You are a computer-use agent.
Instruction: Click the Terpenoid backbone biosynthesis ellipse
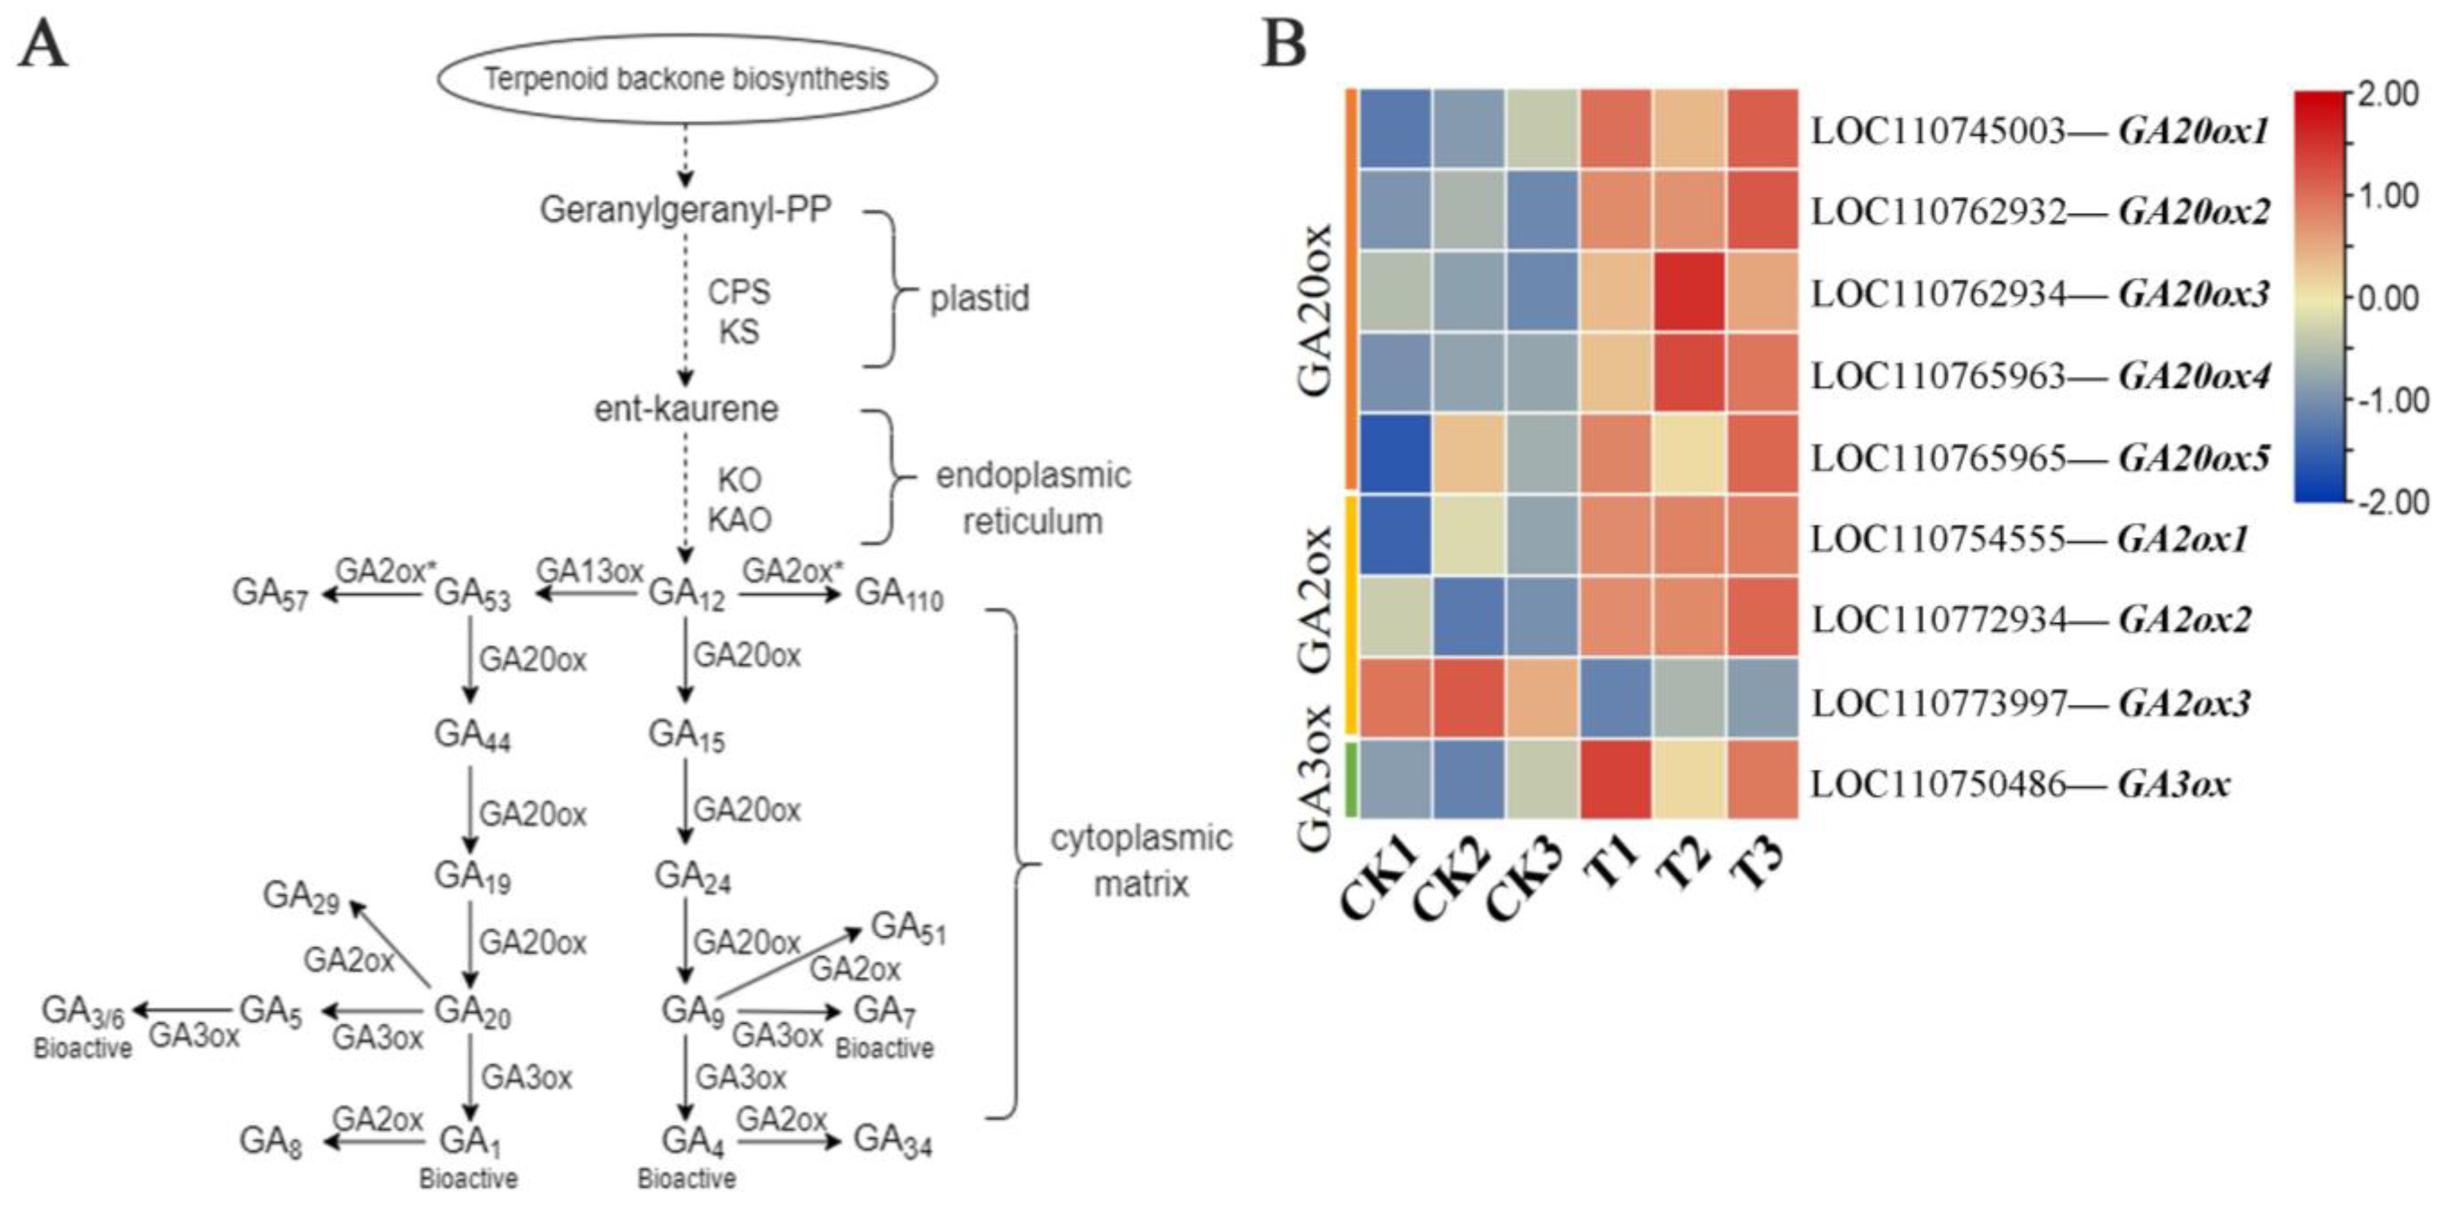686,78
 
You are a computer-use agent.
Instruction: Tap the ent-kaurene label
686,409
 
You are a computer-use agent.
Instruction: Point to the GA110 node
898,594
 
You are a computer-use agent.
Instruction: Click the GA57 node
270,594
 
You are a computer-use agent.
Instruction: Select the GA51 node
908,928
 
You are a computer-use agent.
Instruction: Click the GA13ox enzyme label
589,570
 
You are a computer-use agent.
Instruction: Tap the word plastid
979,299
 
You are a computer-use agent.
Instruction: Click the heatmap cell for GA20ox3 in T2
1689,292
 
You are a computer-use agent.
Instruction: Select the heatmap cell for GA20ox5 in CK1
1395,455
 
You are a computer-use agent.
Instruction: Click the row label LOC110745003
1938,131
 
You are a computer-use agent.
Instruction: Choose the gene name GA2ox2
2183,621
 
